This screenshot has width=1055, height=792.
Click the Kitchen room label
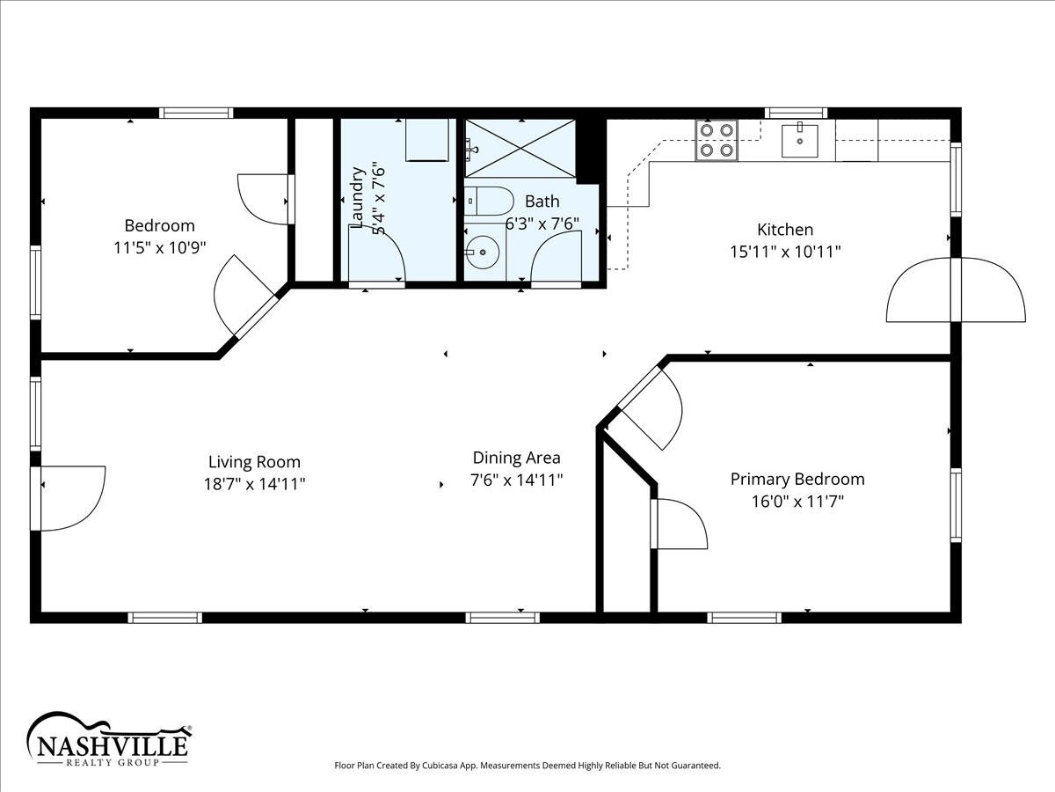(785, 230)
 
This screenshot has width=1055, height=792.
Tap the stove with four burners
(717, 141)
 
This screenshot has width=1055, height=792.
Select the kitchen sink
(800, 141)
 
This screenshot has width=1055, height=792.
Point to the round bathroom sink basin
(483, 252)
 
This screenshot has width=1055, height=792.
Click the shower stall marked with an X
(520, 149)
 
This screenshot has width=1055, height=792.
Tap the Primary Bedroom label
(797, 479)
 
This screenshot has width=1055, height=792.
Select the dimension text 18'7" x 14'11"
(254, 483)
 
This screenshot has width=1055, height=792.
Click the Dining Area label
(516, 458)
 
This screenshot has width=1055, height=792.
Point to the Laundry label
(356, 197)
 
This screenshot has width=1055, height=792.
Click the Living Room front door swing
(73, 498)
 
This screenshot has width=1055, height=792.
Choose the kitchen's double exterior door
(956, 290)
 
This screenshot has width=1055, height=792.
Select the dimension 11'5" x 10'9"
(160, 247)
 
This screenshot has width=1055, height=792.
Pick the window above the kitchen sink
(796, 114)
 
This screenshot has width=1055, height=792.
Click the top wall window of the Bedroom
(196, 113)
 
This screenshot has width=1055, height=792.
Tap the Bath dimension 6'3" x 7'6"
(542, 224)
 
